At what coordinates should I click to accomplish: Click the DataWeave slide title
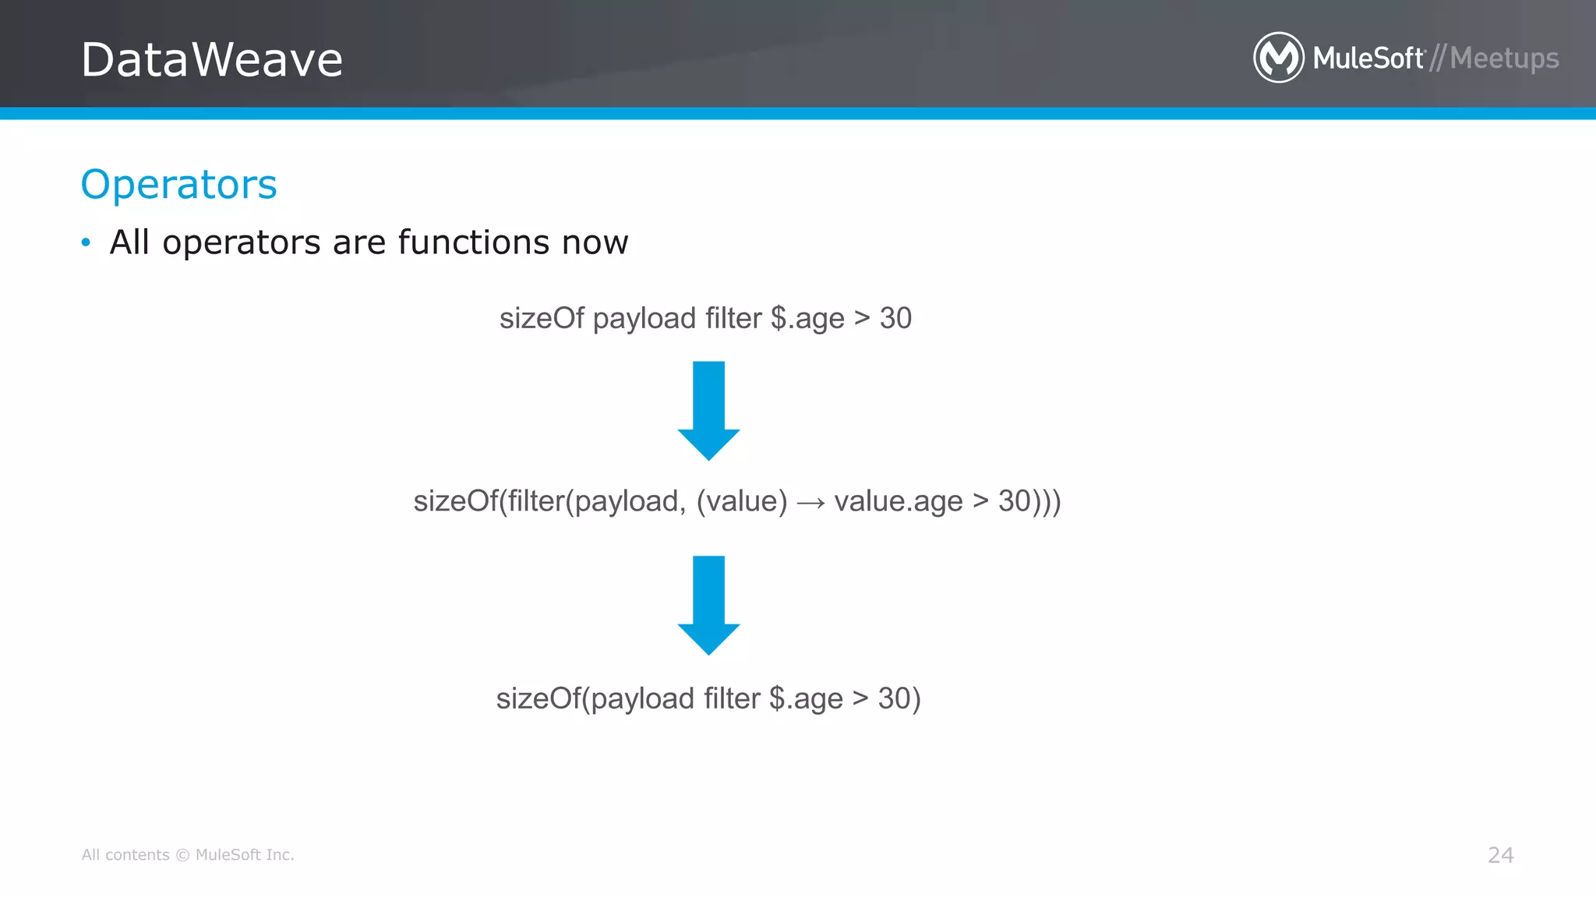(x=211, y=60)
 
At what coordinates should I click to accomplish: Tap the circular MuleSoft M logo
(x=1278, y=58)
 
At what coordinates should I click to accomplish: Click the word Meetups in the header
(x=1504, y=58)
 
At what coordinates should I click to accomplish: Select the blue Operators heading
(x=178, y=185)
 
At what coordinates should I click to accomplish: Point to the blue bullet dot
(x=86, y=242)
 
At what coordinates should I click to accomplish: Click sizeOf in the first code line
(x=541, y=318)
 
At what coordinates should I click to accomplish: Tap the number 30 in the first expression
(x=895, y=318)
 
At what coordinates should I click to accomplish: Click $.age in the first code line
(x=807, y=319)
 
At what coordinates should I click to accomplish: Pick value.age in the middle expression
(x=898, y=501)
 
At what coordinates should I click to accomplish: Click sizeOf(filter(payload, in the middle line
(x=549, y=501)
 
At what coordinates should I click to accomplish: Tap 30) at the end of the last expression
(x=899, y=698)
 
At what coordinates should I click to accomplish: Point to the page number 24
(x=1500, y=855)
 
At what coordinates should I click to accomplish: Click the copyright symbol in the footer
(x=182, y=855)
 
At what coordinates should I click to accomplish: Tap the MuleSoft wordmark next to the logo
(x=1368, y=58)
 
